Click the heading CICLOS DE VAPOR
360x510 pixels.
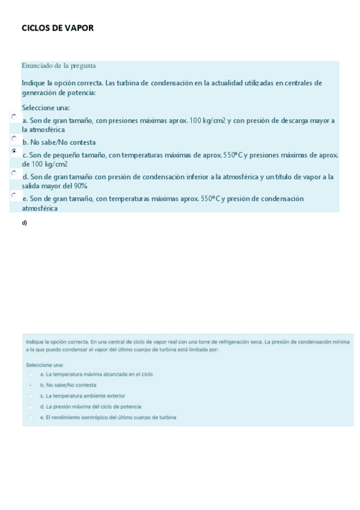point(58,28)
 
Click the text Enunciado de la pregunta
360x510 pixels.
point(59,66)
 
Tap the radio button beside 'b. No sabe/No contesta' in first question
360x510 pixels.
point(14,139)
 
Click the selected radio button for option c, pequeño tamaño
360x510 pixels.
point(14,152)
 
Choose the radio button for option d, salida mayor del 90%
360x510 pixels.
point(14,173)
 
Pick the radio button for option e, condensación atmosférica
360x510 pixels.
point(14,195)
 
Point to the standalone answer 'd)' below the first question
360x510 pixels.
point(24,223)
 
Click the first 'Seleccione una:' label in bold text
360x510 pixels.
point(46,108)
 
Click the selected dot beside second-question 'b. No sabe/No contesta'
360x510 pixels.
point(30,385)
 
